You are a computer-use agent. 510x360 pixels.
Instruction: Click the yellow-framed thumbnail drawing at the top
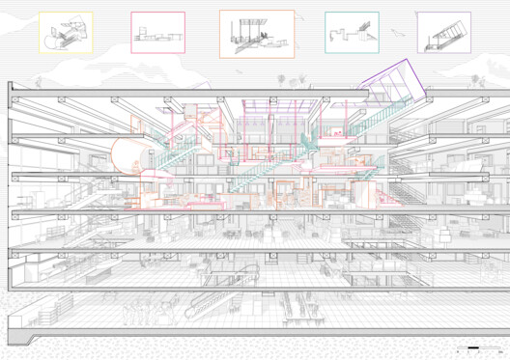click(x=65, y=32)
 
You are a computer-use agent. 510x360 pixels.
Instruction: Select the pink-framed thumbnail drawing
click(x=157, y=32)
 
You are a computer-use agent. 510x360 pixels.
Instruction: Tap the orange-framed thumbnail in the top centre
click(x=257, y=34)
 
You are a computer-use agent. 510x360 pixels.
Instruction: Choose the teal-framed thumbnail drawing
click(x=352, y=32)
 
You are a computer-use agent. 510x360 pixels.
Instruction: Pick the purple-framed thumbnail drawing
click(x=443, y=32)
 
